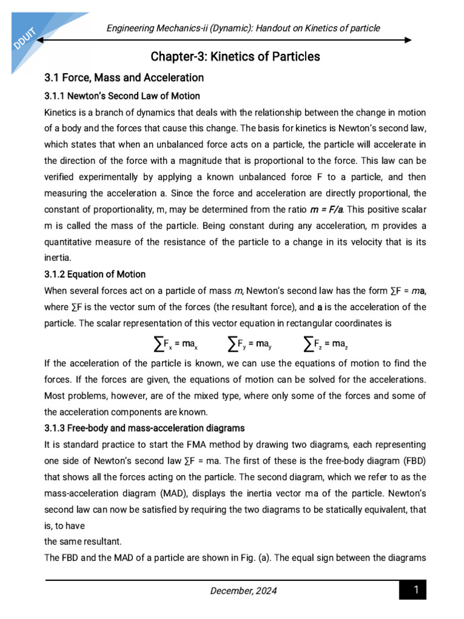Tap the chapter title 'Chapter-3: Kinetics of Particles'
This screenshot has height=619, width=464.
(x=235, y=57)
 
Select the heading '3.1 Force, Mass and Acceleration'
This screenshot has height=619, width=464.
(x=124, y=77)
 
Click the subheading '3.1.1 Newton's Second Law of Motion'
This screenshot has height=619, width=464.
(x=122, y=96)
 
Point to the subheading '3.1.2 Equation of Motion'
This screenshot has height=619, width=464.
(x=95, y=274)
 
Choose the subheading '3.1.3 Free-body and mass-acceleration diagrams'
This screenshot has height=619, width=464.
(x=144, y=428)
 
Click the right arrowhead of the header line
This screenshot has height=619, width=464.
(x=408, y=41)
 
